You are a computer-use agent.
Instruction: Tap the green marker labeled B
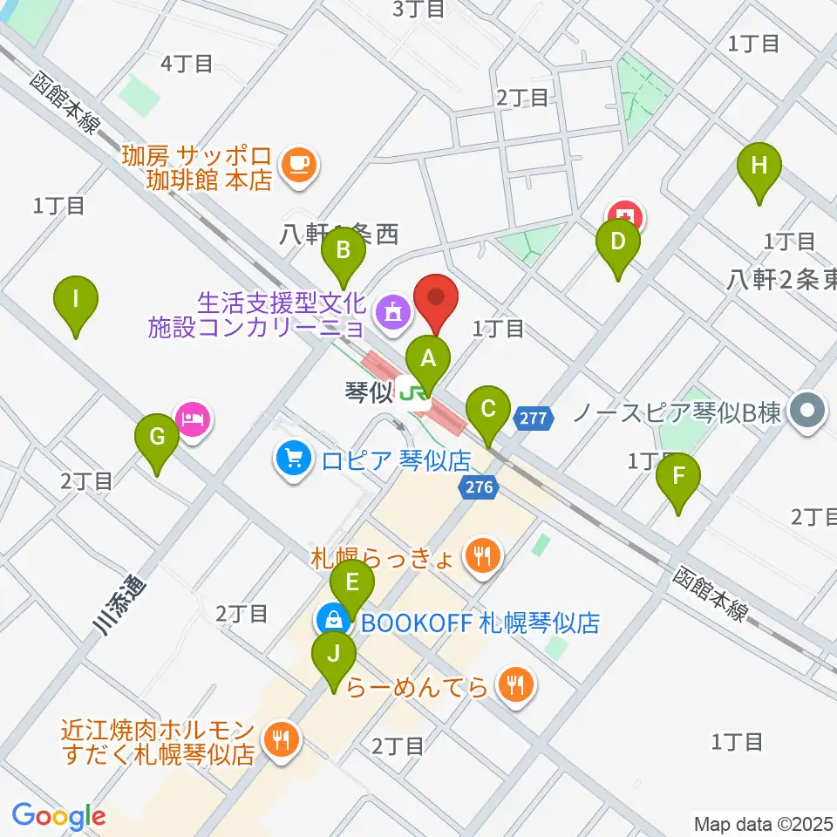pos(344,251)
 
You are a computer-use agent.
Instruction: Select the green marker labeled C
pos(488,408)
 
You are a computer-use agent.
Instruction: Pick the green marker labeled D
pos(617,242)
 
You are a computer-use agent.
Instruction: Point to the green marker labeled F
pos(680,477)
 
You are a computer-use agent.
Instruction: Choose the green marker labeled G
pos(157,437)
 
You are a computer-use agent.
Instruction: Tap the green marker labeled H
pos(759,165)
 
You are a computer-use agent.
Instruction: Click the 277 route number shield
pos(534,419)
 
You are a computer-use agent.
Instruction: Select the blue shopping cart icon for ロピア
pos(292,458)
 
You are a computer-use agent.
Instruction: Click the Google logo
pos(59,816)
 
